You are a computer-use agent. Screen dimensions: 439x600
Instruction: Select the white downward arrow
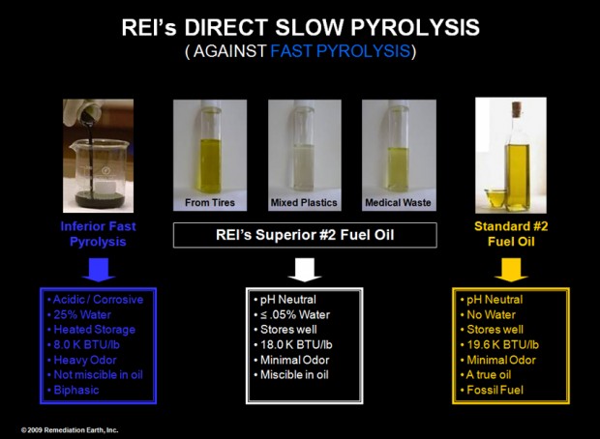coord(300,268)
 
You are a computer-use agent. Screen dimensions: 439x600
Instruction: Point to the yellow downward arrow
coord(508,268)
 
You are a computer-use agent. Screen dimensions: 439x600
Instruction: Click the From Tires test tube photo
coord(210,154)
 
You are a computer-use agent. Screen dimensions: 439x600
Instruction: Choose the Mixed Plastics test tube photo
coord(301,154)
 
